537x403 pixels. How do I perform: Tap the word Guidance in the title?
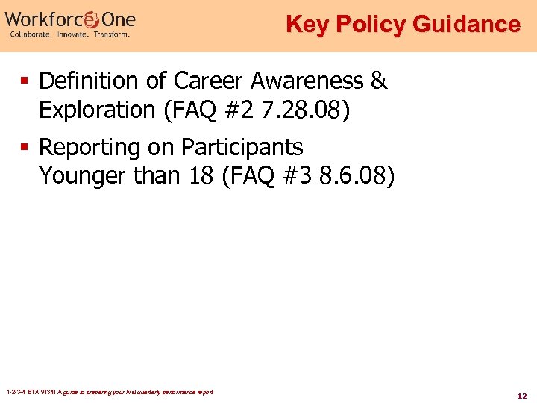464,25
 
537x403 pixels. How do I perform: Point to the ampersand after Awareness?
379,81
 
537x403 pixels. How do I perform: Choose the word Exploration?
96,110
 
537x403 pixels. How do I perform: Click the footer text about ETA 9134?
109,392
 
